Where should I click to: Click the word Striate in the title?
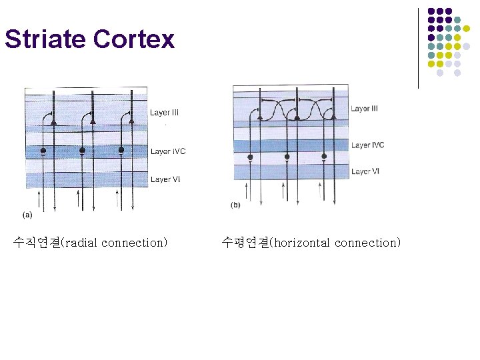coord(46,39)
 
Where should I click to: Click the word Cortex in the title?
coord(134,39)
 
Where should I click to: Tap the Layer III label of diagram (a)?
coord(165,113)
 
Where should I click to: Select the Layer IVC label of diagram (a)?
coord(168,151)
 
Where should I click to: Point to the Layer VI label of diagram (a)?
coord(165,179)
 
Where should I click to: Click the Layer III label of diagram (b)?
coord(364,109)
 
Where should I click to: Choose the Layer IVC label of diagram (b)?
coord(367,145)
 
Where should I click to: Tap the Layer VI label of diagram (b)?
coord(365,171)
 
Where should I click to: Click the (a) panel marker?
coord(27,214)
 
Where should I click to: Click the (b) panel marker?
coord(235,205)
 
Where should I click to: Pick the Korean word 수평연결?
coord(244,243)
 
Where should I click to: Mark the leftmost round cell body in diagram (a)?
coord(43,151)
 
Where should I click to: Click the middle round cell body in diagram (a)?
coord(82,151)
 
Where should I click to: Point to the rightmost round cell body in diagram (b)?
coord(324,157)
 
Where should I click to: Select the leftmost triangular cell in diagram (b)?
coord(259,117)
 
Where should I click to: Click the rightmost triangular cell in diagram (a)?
coord(124,121)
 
